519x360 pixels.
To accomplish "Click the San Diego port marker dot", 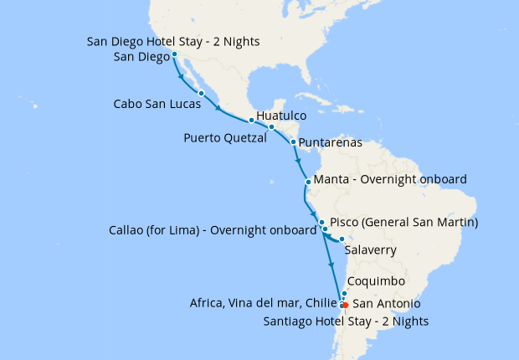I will [174, 55].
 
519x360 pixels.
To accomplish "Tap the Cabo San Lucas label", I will [157, 105].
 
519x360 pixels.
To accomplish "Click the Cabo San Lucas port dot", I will [202, 93].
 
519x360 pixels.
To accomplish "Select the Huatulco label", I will [280, 115].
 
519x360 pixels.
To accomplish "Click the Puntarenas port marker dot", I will [293, 142].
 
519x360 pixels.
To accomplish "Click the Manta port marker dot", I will [308, 181].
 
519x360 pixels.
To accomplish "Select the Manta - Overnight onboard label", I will [389, 180].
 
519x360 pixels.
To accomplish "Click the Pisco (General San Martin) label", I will [403, 223].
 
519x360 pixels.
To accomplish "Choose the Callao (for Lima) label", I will [208, 230].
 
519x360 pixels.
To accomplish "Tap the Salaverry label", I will [370, 250].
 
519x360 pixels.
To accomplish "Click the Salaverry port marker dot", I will [342, 240].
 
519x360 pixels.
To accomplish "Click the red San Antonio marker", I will [346, 304].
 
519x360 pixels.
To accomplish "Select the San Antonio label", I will [386, 303].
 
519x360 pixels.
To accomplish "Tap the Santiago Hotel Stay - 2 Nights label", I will [346, 321].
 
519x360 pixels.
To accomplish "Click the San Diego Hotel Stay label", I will [173, 41].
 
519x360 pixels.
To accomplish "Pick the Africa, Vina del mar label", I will [263, 303].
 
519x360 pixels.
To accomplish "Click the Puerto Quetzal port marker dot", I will [251, 121].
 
